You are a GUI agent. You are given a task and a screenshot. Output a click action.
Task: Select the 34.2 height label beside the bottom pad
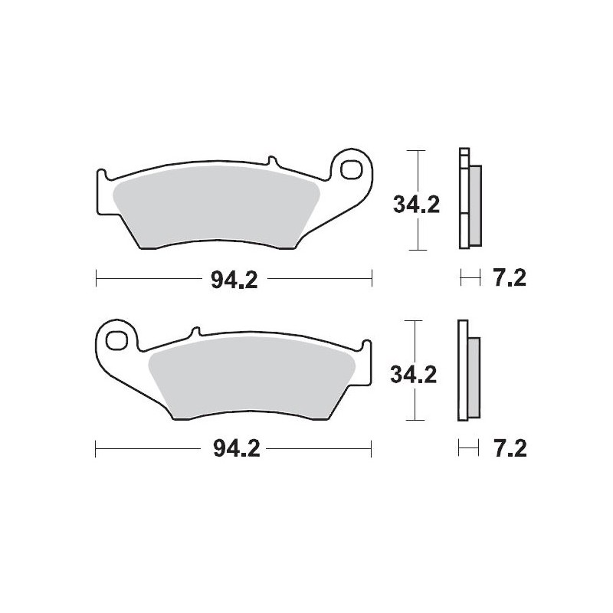(x=413, y=375)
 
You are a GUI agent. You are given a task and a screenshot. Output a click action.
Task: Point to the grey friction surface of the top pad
(x=215, y=203)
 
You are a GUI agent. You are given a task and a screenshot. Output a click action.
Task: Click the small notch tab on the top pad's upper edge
(x=270, y=162)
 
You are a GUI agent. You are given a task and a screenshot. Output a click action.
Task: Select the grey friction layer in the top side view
(x=475, y=205)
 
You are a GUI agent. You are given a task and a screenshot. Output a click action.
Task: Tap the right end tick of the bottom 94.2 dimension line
(x=372, y=448)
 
